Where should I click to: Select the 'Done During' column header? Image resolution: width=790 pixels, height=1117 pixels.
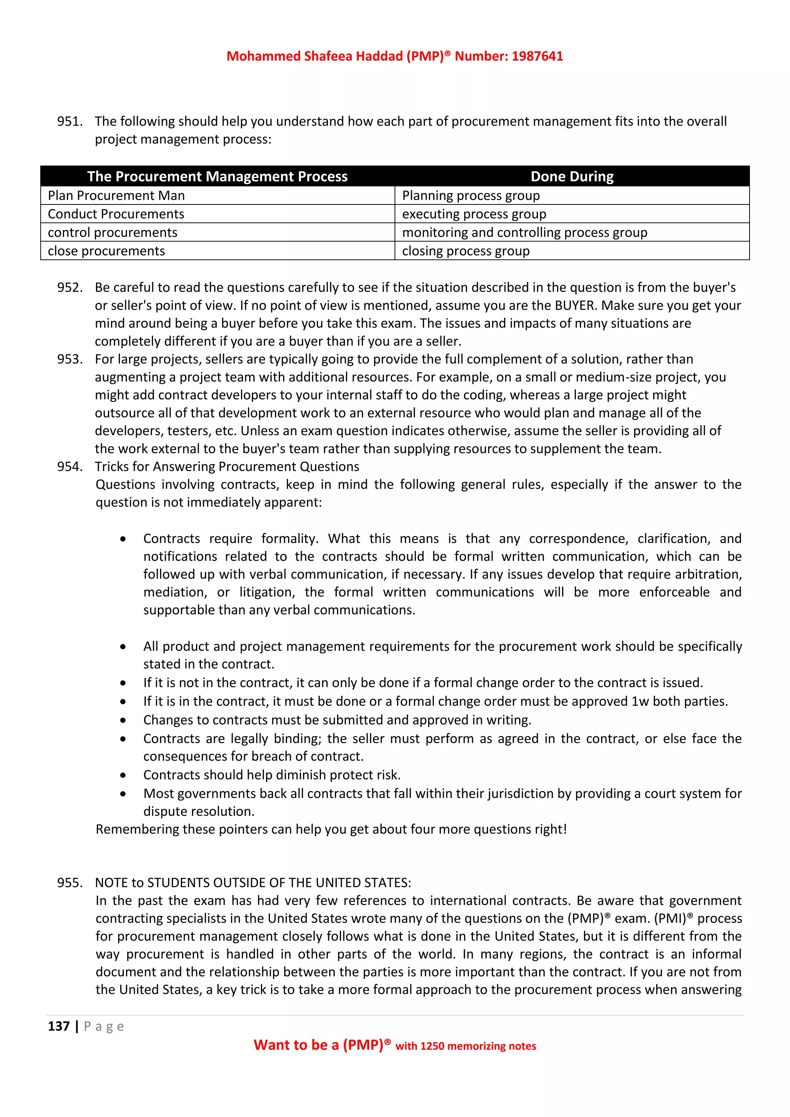572,176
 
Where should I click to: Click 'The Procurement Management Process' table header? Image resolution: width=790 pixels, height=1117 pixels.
218,176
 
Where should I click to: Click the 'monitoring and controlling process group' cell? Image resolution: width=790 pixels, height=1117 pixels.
524,233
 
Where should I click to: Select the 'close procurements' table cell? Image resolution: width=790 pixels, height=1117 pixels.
106,251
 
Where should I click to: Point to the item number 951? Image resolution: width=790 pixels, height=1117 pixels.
69,121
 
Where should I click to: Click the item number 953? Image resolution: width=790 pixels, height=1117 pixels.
69,359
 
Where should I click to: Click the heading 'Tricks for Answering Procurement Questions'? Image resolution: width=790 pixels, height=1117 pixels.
227,467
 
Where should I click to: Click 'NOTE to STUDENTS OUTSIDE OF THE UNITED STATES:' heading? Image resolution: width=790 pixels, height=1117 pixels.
253,883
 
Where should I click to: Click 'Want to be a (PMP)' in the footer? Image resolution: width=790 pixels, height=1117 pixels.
319,1045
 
